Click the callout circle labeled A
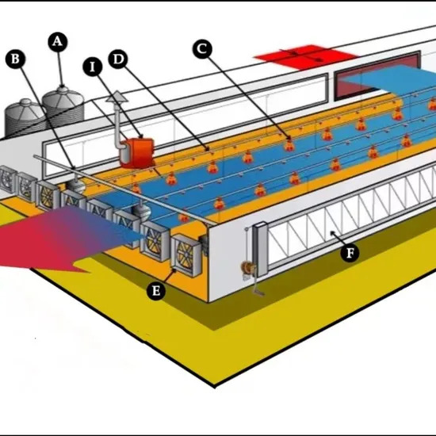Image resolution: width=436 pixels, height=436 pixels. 58,42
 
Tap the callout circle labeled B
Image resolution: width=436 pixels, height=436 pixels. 15,59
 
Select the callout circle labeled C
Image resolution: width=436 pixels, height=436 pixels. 202,49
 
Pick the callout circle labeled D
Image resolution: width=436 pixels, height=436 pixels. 118,59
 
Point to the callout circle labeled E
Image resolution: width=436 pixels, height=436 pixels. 156,291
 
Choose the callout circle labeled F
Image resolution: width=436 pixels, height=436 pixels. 350,253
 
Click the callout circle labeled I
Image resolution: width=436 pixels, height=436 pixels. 93,67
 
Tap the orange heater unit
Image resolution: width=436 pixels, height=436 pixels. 137,152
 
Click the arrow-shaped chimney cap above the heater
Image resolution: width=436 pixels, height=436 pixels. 117,97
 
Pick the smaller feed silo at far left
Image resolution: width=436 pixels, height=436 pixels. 25,117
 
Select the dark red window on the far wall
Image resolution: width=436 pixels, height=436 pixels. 377,75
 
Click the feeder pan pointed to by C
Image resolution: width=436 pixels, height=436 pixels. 289,145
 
